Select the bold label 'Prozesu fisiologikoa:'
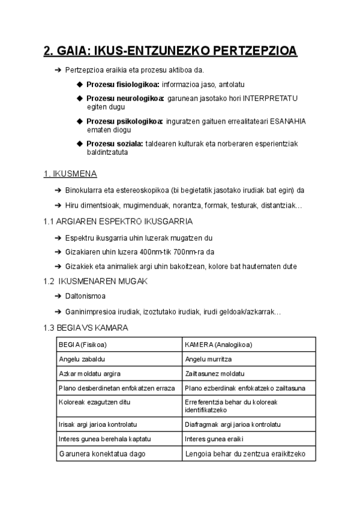coord(122,84)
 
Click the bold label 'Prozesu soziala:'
coord(115,144)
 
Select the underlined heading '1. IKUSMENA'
coord(70,174)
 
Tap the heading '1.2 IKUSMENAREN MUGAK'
coord(95,281)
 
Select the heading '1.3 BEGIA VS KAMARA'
coord(86,328)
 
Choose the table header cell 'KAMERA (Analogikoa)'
coord(218,345)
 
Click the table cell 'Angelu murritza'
coord(208,359)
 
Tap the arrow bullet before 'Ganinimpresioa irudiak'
coord(58,312)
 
